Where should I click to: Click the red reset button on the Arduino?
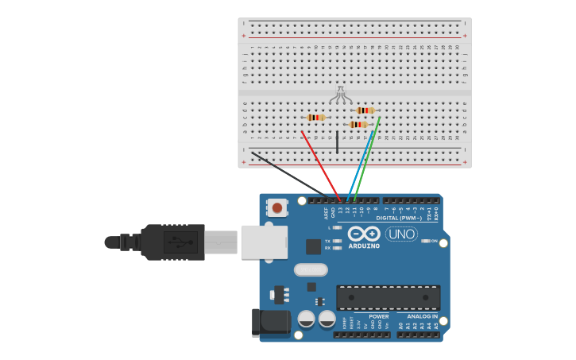pos(276,207)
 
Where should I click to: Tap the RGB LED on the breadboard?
pos(341,94)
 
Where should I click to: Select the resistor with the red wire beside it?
pos(316,118)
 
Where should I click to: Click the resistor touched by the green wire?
pos(365,110)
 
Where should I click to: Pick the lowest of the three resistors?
pos(358,125)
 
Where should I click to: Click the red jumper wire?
pos(320,164)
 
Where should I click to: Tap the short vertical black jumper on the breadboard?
pos(337,142)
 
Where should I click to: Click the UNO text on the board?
pos(401,234)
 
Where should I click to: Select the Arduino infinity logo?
pos(364,234)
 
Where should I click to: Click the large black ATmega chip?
pos(388,297)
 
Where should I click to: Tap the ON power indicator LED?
pos(426,241)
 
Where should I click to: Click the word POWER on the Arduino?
pos(379,316)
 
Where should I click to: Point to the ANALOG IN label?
pos(423,316)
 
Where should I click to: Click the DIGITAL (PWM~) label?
pos(399,218)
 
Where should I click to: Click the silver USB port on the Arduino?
pos(264,242)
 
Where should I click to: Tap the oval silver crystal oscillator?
pos(311,269)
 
